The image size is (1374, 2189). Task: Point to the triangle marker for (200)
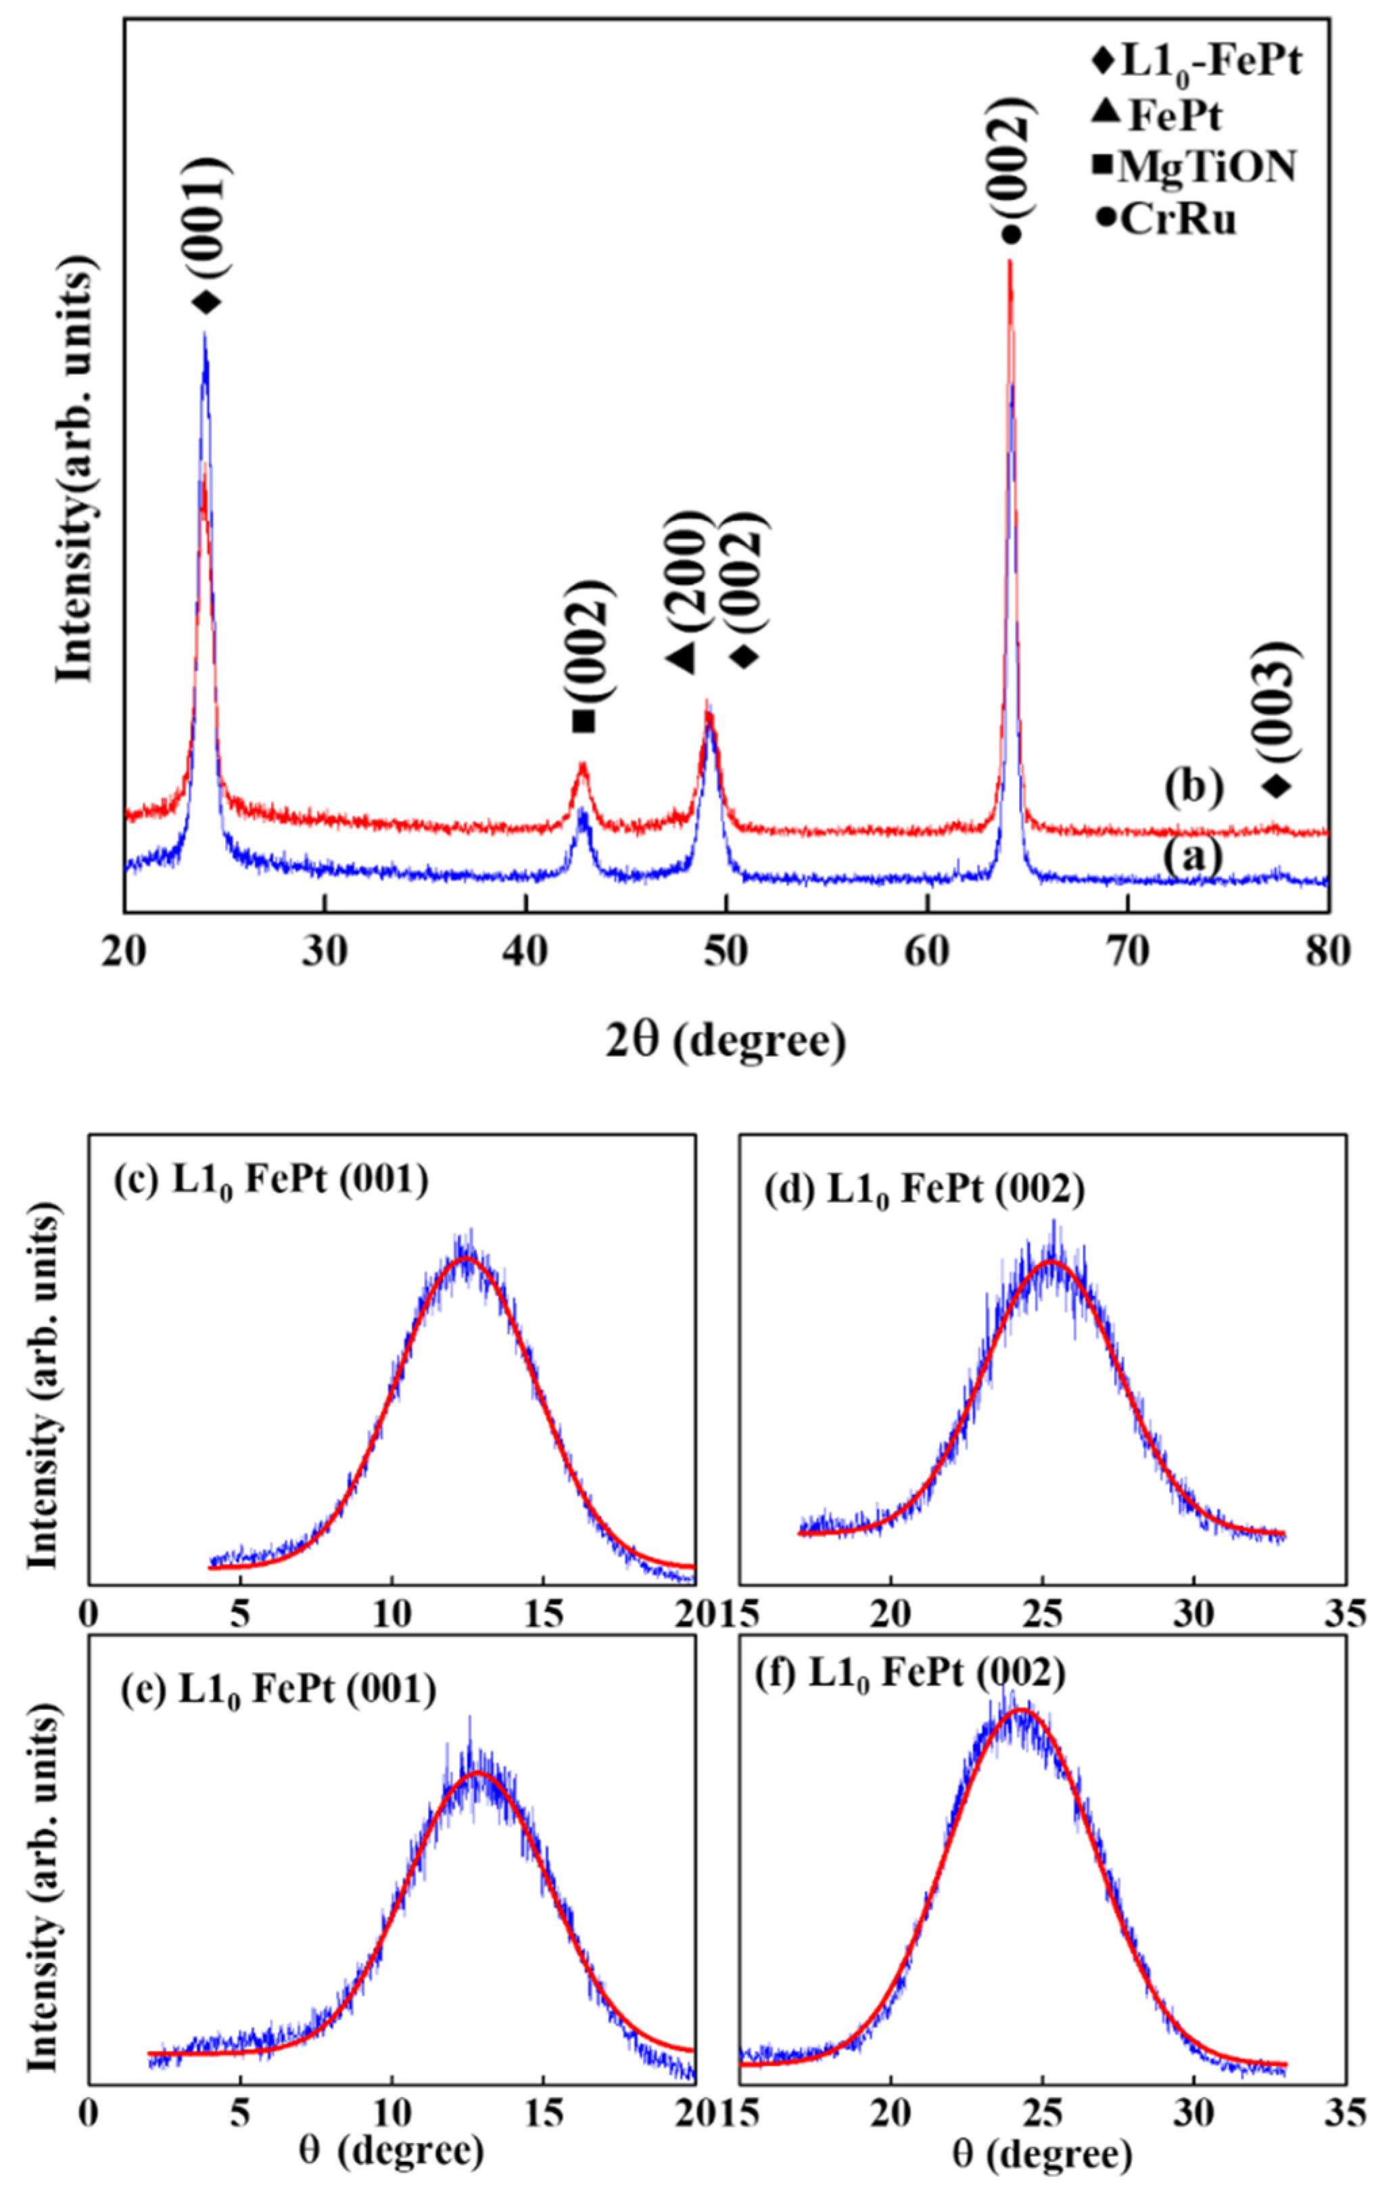click(681, 656)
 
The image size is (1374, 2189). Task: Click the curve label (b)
click(1193, 787)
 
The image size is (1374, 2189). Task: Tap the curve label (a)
click(1193, 856)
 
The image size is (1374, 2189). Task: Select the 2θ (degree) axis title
click(725, 1040)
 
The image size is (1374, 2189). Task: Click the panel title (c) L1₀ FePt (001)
click(270, 1182)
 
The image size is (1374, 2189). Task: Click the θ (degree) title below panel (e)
click(391, 2149)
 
